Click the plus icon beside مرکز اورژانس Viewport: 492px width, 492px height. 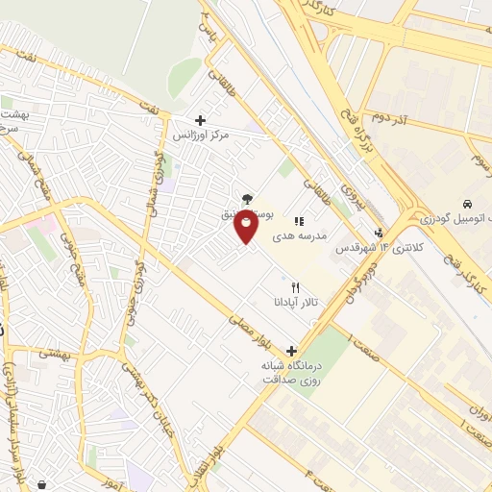click(200, 120)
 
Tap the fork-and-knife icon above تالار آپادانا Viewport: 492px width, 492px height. click(295, 286)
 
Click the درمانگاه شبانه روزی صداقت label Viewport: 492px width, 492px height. click(292, 372)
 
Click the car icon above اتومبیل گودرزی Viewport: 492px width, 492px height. click(467, 205)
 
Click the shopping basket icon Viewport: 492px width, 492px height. click(44, 482)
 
